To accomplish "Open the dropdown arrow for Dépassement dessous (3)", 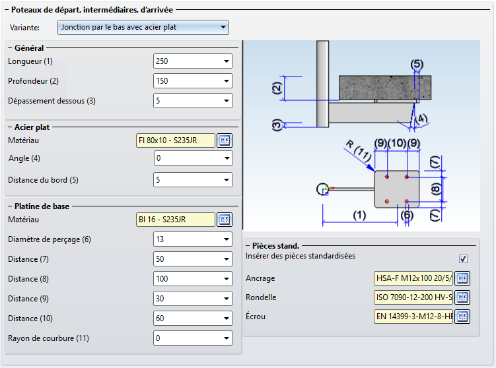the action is pos(227,101).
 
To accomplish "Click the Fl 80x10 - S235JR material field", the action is pos(175,140).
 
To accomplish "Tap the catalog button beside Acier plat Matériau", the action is pos(225,140).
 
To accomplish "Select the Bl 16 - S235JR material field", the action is pos(175,220).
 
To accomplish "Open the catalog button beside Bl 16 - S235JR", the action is pos(225,220).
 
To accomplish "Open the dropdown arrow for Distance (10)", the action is pos(227,319).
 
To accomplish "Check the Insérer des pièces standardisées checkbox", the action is pos(463,259).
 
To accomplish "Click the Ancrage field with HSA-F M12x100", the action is pos(413,278).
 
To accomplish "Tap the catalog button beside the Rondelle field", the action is pos(462,297).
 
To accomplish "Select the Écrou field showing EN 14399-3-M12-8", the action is pos(413,317).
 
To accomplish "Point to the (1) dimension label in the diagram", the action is pos(359,216).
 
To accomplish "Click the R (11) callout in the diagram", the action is pos(359,150).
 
